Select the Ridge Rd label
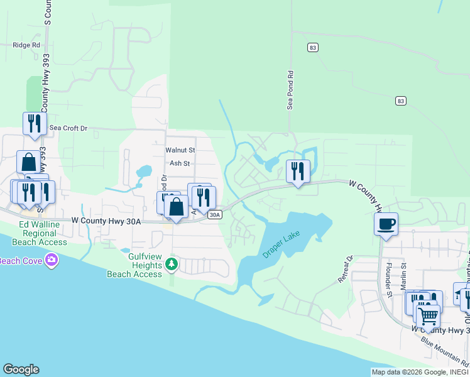click(26, 45)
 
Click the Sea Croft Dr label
click(68, 128)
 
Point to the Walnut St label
click(180, 150)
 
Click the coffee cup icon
click(386, 223)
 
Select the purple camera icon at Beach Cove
click(51, 260)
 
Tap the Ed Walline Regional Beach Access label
click(43, 233)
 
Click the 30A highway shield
click(214, 215)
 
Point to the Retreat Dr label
click(346, 269)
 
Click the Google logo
click(21, 369)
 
